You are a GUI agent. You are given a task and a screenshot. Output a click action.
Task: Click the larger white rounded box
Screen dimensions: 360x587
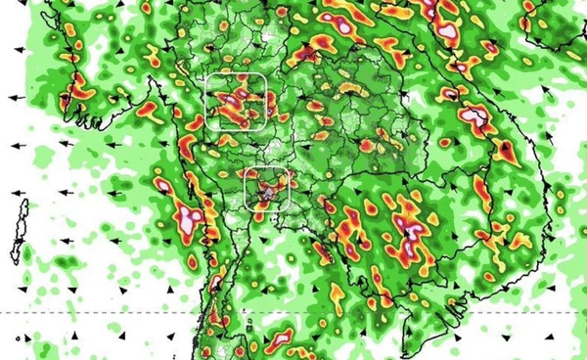[238, 102]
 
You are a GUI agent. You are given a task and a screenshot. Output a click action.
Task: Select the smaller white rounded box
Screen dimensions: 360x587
[267, 189]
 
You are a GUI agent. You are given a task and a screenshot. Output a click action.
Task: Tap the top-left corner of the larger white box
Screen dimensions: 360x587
[209, 76]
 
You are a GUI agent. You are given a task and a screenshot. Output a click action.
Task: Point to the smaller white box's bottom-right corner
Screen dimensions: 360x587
[289, 209]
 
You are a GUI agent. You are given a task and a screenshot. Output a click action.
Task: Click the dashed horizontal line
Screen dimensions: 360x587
[293, 312]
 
